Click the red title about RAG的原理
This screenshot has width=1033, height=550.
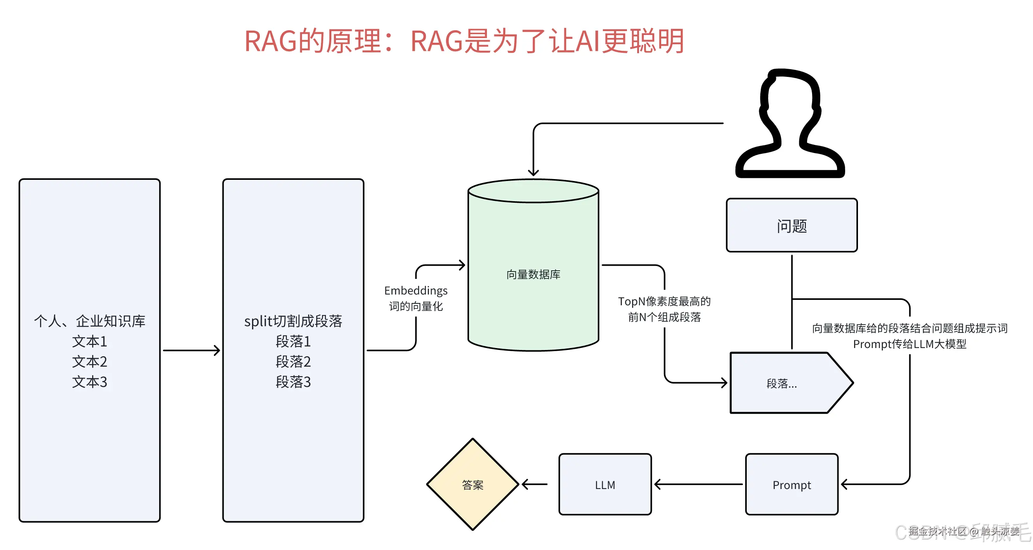464,41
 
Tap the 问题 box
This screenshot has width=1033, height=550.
791,226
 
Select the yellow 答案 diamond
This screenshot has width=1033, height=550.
473,484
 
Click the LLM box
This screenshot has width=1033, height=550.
605,485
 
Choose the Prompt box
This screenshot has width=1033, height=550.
791,485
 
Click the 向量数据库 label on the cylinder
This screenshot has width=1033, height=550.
533,274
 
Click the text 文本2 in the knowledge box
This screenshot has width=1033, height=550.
89,362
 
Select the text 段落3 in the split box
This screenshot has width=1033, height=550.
293,382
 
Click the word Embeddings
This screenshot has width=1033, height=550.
416,291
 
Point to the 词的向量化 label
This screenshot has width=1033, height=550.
416,306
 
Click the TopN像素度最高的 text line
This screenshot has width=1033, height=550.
664,301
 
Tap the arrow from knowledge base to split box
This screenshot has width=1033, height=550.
191,350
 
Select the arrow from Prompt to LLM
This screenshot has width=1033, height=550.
698,484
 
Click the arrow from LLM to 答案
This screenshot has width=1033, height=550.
534,484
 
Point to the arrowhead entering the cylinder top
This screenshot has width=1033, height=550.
533,172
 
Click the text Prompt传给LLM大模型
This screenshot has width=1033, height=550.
909,344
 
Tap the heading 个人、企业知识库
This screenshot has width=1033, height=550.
89,321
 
